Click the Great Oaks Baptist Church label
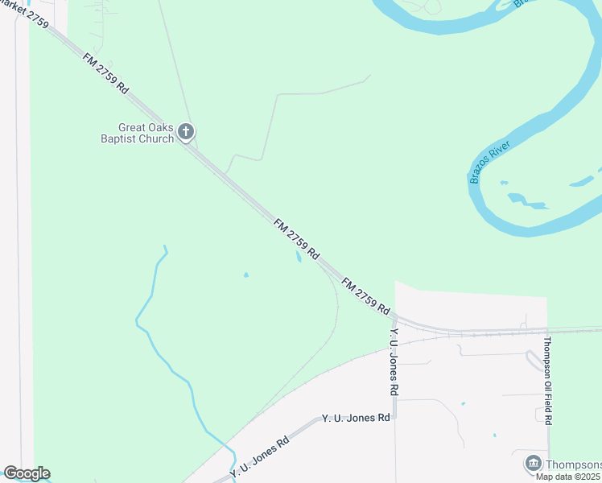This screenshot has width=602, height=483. point(146,133)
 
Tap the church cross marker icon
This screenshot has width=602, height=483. point(187,131)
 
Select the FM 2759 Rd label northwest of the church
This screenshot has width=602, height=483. point(105,74)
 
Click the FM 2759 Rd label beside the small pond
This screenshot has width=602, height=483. point(297,238)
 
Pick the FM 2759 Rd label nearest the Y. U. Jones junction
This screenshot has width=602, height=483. point(365,296)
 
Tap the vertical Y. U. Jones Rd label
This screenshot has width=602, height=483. point(394,361)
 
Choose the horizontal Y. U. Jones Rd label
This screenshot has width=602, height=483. point(356,418)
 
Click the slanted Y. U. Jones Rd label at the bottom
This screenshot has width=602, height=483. point(259,456)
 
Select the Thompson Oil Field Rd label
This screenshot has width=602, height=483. point(547,381)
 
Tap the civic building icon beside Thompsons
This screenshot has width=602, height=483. point(533,463)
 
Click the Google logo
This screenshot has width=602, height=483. point(27,473)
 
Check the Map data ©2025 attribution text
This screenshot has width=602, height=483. point(568,477)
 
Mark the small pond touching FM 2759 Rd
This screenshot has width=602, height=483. point(298,258)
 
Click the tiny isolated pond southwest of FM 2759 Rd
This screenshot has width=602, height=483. point(245,275)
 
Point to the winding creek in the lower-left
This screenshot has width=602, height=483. point(169,362)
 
